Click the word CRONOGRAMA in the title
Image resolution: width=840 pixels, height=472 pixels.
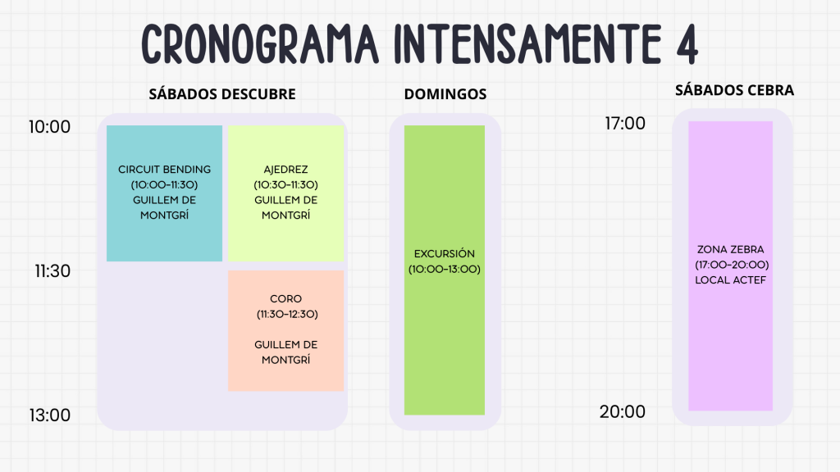[x=260, y=44]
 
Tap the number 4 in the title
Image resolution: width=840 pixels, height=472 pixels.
[x=687, y=44]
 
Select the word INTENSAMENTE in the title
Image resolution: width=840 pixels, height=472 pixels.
[x=527, y=44]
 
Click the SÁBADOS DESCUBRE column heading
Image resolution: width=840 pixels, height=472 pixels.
[x=222, y=94]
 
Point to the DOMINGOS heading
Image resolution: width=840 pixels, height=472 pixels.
[x=445, y=94]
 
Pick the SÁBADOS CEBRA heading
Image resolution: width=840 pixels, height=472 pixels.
[x=734, y=90]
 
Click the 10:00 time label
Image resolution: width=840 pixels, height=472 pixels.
[x=49, y=127]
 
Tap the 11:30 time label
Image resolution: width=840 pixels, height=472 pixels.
[x=52, y=270]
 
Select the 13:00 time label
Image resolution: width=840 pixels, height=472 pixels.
[x=49, y=415]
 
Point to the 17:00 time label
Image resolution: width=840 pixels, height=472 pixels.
[x=624, y=123]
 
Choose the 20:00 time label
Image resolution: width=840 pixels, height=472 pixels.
[x=622, y=411]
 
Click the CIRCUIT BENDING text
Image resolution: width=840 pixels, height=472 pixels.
[x=164, y=169]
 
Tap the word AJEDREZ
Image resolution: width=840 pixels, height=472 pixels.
[x=285, y=169]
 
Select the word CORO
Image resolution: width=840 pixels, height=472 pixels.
[x=285, y=298]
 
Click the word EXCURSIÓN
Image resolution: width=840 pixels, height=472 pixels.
[x=444, y=254]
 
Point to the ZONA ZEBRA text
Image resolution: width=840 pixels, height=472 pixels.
[x=730, y=249]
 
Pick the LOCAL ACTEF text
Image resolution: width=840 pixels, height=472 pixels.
[x=730, y=280]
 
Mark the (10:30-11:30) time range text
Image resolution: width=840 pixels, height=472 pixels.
[x=285, y=184]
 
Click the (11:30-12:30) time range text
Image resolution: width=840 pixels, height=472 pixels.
[x=287, y=314]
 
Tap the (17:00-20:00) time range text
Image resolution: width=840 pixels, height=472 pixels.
[x=732, y=265]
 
